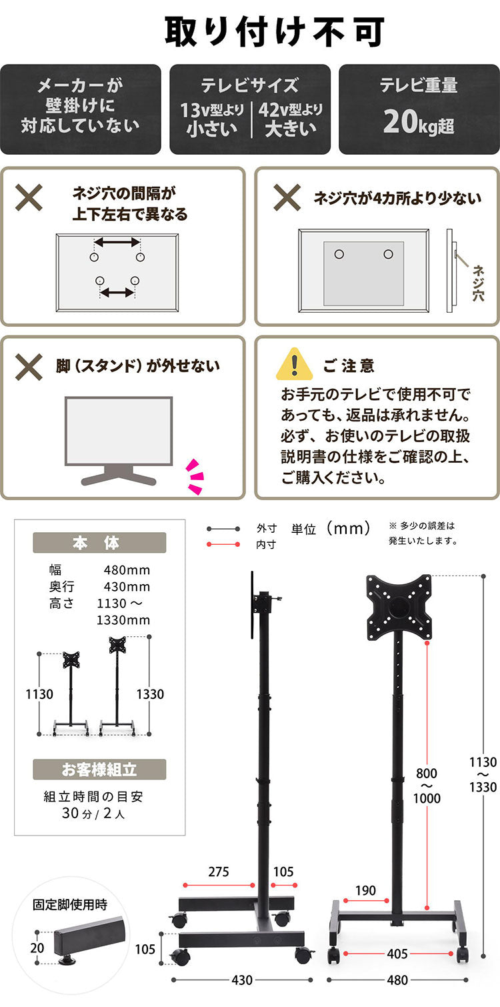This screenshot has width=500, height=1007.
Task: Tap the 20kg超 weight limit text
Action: click(419, 123)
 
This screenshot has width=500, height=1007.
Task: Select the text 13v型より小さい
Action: click(212, 119)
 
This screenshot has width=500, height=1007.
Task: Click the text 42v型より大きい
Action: click(290, 119)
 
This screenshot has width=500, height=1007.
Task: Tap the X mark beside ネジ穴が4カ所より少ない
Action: click(287, 197)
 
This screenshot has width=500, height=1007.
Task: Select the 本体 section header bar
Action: click(99, 543)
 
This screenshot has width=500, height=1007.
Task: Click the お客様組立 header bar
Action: click(99, 770)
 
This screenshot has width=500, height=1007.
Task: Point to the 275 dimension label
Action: click(219, 872)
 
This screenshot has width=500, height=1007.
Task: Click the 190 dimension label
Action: click(365, 890)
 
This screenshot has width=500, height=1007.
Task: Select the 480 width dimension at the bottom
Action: click(397, 980)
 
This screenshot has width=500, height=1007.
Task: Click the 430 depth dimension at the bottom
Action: click(241, 980)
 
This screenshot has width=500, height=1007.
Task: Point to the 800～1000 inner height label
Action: click(427, 786)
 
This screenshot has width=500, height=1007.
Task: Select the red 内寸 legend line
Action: click(223, 545)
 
